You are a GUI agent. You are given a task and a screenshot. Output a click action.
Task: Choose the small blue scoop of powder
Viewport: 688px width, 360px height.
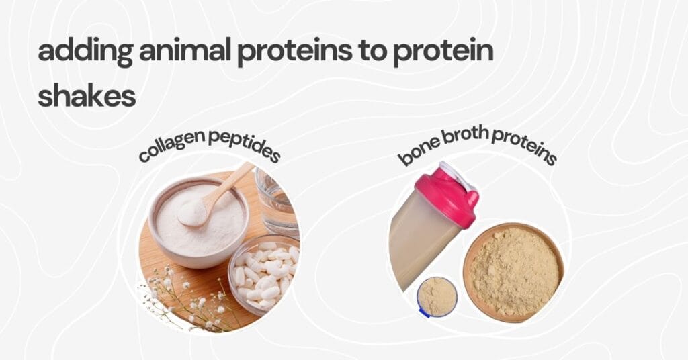tap(437, 296)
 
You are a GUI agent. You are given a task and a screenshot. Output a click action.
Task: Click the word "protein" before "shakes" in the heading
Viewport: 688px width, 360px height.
tap(449, 52)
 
